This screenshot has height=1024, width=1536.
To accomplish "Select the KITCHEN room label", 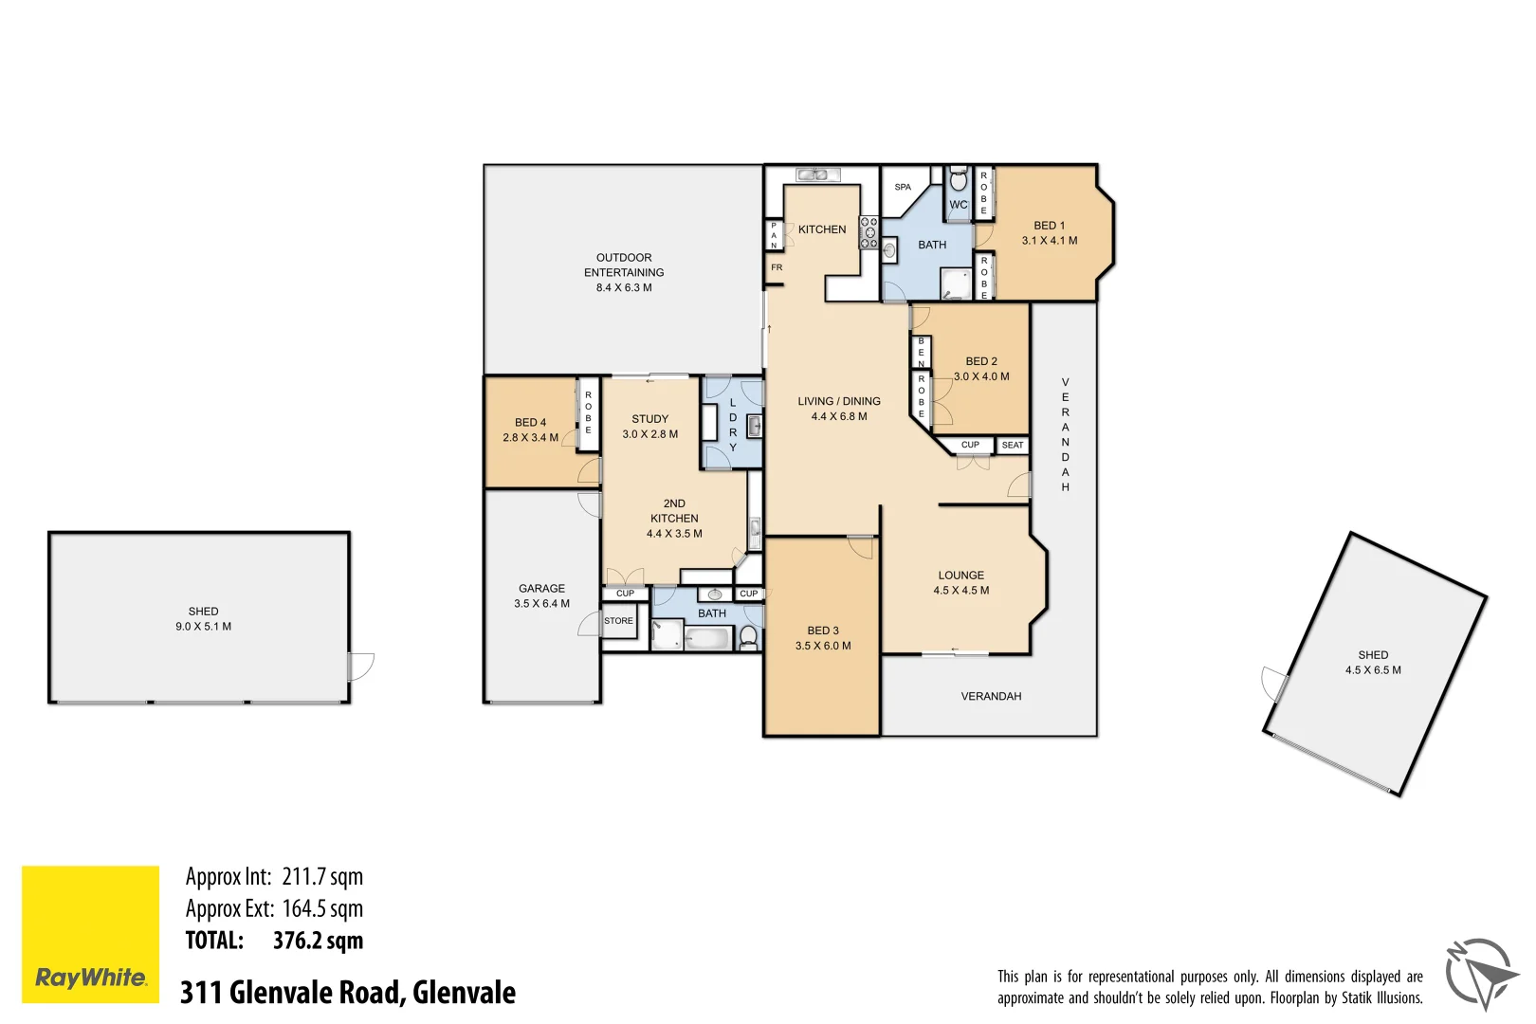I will point(822,229).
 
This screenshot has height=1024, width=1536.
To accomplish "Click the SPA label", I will point(903,187).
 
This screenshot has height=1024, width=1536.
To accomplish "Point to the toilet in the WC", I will point(959,180).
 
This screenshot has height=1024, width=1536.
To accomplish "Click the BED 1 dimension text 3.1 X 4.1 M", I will point(1050,241).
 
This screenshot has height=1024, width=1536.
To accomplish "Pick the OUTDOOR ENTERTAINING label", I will point(624,265).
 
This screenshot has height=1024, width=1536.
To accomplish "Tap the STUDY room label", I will point(650,419).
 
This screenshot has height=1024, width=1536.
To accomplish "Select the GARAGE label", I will point(541,589).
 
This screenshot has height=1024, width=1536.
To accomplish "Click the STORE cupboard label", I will point(618,621).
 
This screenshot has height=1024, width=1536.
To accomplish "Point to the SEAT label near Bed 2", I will point(1013,445).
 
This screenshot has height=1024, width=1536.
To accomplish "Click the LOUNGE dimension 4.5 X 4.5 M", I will point(960,591).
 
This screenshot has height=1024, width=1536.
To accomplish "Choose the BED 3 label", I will point(823,631).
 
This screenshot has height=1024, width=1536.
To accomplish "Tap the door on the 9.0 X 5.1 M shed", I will point(361,667).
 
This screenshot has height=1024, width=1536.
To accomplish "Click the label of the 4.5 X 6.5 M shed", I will point(1373,655).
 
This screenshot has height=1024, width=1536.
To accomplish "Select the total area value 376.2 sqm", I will point(318,941).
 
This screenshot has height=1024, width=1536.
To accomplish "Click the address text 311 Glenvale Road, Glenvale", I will point(348,992).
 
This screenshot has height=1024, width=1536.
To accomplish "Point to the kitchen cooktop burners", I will point(869,232).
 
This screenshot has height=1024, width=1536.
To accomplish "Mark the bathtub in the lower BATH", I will point(708,640).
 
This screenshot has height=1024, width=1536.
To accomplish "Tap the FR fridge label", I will point(777,267).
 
